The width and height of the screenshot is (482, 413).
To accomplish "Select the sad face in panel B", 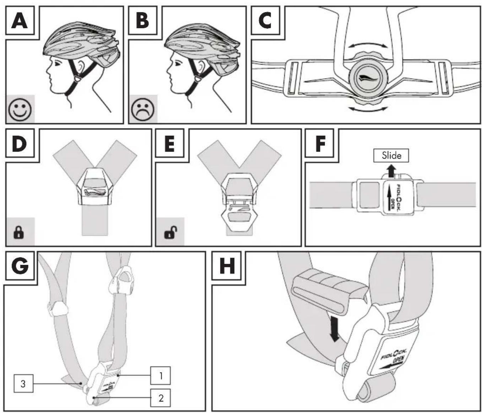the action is [143, 110].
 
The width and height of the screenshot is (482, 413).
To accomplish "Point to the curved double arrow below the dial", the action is [368, 109].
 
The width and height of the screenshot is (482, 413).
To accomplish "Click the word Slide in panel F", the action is [391, 155].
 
